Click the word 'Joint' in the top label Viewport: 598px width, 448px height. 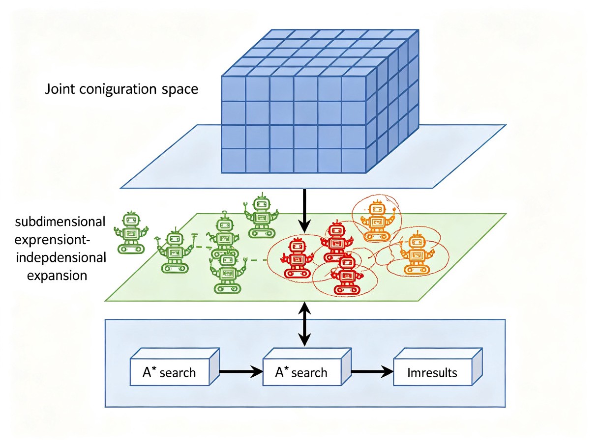[x=60, y=89]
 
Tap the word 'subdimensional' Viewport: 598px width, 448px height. [x=60, y=222]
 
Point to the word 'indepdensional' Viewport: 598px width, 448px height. [x=61, y=257]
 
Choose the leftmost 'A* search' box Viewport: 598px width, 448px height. [x=175, y=367]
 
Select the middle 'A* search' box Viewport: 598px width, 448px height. [x=307, y=367]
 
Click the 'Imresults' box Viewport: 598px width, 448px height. [x=438, y=367]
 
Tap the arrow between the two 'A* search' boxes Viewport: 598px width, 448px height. [x=241, y=371]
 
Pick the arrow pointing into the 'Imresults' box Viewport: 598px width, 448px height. [x=372, y=371]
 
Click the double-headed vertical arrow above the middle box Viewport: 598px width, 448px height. [x=305, y=324]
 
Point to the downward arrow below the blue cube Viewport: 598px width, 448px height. [x=304, y=211]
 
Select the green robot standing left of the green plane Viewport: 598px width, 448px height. [x=131, y=232]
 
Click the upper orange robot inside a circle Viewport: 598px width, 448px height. [x=377, y=221]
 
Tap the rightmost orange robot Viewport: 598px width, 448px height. [x=416, y=253]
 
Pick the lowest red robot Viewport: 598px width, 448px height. [x=347, y=274]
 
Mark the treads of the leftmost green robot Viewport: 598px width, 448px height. [x=131, y=249]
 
